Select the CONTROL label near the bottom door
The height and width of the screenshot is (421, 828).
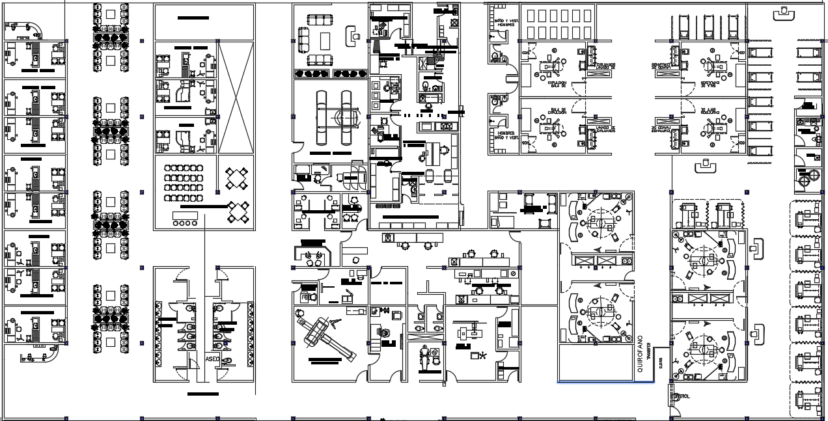tap(681, 396)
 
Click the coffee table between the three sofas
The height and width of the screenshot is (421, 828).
tap(325, 40)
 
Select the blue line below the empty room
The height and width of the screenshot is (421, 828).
tap(605, 382)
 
